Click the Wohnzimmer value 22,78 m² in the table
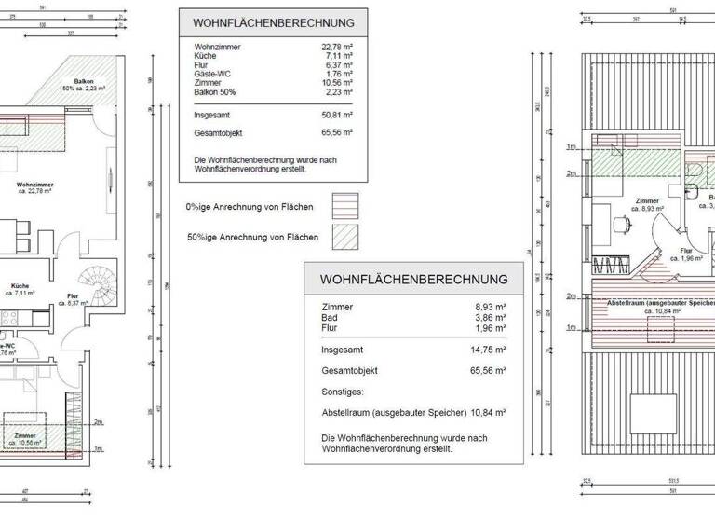coord(337,47)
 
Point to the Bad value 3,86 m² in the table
coord(490,318)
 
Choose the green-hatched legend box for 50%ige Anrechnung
coord(346,238)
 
